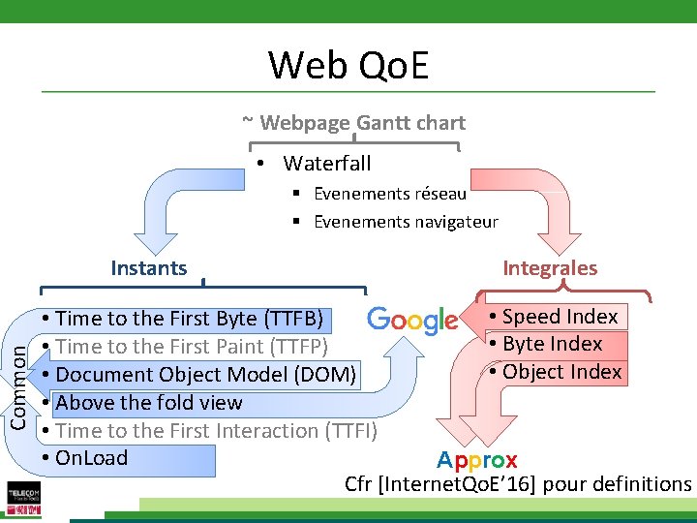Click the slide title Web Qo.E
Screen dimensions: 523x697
348,66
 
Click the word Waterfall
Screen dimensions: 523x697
326,163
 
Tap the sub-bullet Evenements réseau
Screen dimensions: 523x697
389,194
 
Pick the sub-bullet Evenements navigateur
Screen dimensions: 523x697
405,222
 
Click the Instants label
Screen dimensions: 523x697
148,268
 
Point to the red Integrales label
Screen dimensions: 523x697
550,268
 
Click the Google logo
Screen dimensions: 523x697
412,321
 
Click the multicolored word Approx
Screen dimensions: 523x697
476,460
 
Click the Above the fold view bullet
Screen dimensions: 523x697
149,403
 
